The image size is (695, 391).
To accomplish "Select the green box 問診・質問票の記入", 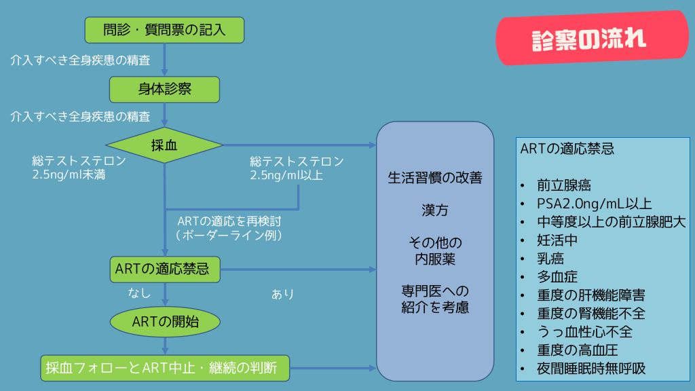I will click(x=164, y=30).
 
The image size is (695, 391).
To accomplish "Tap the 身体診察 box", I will click(x=165, y=89).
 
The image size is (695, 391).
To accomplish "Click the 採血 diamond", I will click(x=164, y=145).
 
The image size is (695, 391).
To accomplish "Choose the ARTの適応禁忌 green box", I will click(x=165, y=269).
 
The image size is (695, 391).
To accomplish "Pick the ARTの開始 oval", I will click(x=165, y=322).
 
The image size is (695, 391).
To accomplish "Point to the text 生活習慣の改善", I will click(x=434, y=179).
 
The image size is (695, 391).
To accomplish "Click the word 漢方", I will click(x=434, y=210).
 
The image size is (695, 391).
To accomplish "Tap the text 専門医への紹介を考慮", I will click(x=434, y=299).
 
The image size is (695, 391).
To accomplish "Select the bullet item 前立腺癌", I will click(x=563, y=185).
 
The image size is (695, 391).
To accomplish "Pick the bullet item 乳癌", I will click(x=550, y=259).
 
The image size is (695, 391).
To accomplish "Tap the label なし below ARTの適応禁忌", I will click(x=140, y=293).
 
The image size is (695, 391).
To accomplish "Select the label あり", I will click(x=283, y=294).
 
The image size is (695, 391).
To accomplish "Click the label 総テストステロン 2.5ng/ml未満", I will click(x=79, y=168).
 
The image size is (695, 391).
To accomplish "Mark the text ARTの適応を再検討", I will click(x=229, y=221).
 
